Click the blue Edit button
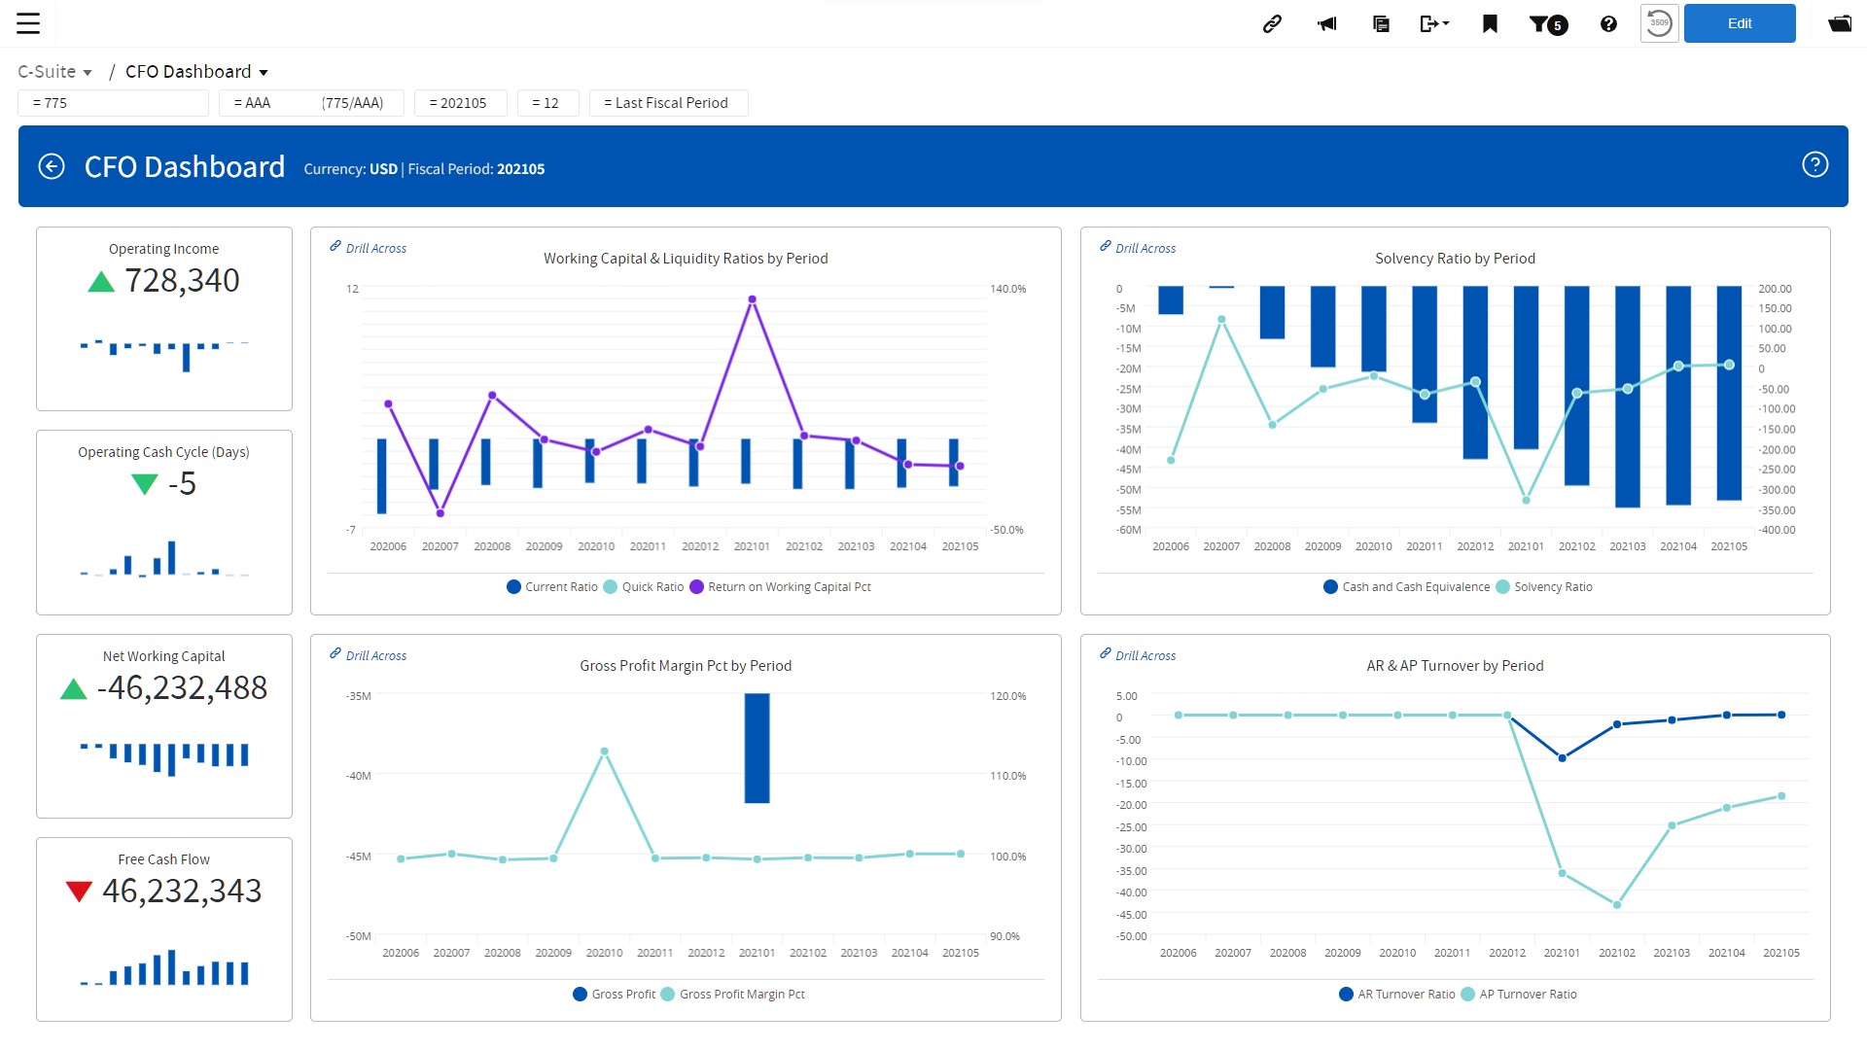point(1739,23)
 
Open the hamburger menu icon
point(28,23)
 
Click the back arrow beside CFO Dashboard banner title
point(52,167)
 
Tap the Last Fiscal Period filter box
point(668,103)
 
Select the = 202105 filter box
point(460,103)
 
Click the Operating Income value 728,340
point(182,281)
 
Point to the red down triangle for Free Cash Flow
point(79,891)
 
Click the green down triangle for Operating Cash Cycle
point(144,483)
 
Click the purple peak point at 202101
point(752,299)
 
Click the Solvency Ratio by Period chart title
point(1455,259)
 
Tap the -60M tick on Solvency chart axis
point(1128,530)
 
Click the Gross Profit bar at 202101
point(757,748)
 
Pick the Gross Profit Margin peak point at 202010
point(604,752)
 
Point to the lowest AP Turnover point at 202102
point(1617,905)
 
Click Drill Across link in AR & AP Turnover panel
point(1145,656)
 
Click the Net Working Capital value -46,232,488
point(182,688)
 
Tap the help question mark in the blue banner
point(1814,165)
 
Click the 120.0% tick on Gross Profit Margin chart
point(1007,696)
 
